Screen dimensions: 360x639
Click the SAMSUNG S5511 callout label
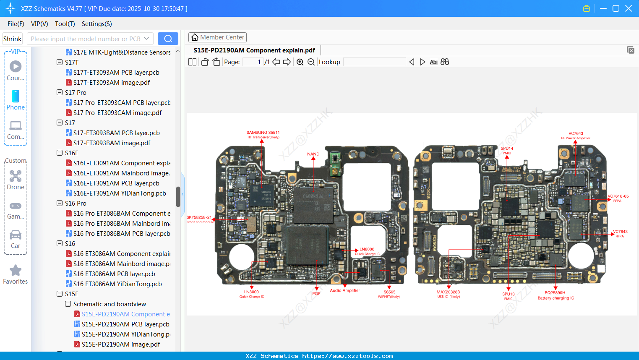263,133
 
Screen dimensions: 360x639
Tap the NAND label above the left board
313,154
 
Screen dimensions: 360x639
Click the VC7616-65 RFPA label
618,197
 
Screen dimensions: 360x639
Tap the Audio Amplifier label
344,290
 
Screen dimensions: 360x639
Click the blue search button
168,39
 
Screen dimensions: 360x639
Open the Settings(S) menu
97,24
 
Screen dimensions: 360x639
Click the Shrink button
13,39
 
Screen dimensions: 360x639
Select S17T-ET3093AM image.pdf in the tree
112,83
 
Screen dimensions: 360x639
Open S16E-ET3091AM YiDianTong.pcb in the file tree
120,193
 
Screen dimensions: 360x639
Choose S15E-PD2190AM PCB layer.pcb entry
125,324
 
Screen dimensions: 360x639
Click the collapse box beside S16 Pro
60,203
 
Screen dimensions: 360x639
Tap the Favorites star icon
16,271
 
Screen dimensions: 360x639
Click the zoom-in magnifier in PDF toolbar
300,62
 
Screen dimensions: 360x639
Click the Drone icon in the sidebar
16,176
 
